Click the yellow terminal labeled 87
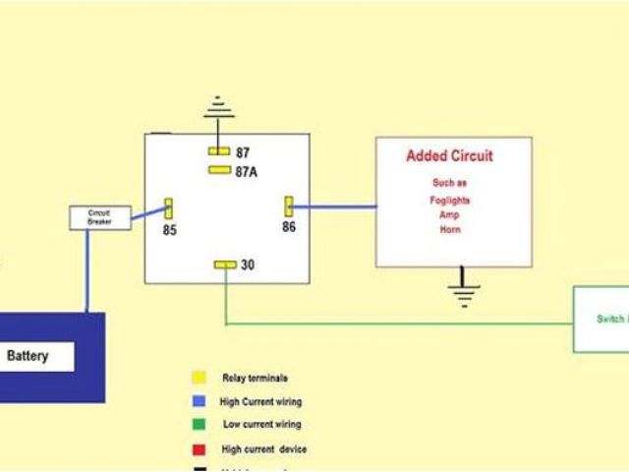(218, 151)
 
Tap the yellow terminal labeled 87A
(219, 170)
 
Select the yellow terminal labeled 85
(168, 207)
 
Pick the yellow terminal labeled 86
(290, 206)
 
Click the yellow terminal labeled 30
(225, 265)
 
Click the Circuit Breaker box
(99, 217)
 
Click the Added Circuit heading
(450, 156)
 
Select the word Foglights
(450, 201)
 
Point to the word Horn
(450, 230)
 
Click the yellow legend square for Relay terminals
(200, 378)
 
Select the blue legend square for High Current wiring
(200, 401)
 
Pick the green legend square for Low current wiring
(200, 425)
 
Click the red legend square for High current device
(200, 449)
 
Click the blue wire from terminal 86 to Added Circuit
(334, 206)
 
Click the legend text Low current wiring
(262, 425)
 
